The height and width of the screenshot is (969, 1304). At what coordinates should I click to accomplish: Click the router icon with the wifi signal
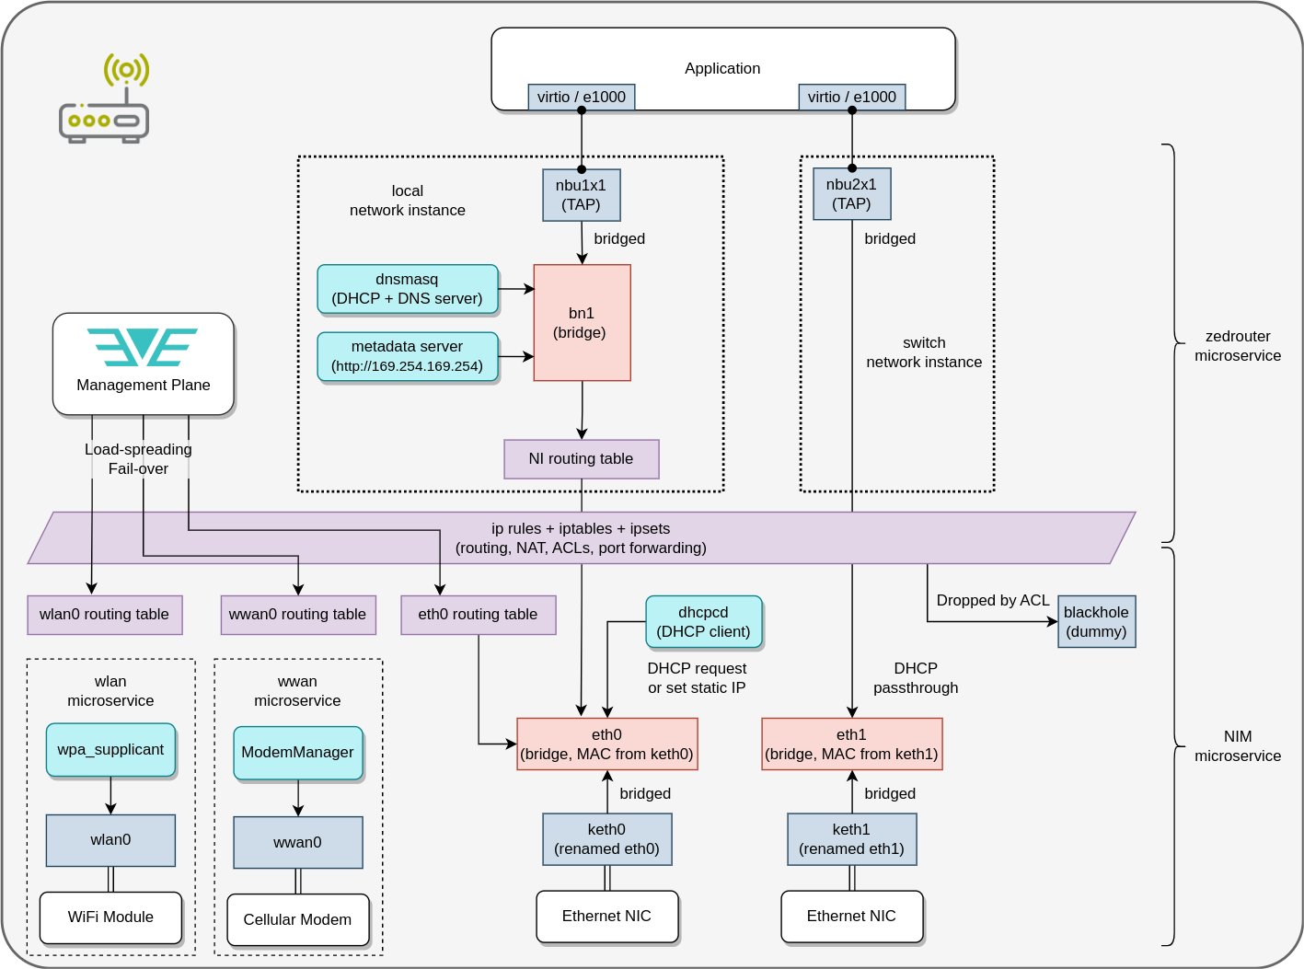tap(104, 99)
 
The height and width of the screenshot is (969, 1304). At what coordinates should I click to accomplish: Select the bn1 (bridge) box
tap(582, 323)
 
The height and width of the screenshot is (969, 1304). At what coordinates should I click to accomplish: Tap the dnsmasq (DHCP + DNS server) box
tap(408, 289)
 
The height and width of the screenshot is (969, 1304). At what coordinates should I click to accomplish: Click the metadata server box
tap(408, 356)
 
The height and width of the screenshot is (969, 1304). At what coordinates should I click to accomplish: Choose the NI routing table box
tap(581, 458)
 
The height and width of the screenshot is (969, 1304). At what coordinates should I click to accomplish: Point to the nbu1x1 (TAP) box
tap(581, 195)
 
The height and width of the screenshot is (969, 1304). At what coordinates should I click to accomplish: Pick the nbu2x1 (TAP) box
tap(851, 194)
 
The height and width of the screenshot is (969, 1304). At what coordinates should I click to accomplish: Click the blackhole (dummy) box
tap(1096, 622)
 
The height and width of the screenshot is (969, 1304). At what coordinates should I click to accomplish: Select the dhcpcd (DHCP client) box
tap(703, 622)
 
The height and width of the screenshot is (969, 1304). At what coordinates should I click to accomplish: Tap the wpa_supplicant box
tap(110, 750)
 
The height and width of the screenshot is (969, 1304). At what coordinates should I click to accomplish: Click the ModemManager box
tap(297, 753)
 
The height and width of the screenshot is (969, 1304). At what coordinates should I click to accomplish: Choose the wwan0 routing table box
tap(297, 615)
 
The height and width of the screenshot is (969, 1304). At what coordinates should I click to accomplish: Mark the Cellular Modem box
tap(297, 919)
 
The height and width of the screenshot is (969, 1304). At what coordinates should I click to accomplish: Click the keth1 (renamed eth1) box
tap(851, 839)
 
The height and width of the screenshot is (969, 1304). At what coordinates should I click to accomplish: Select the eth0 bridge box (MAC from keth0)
tap(606, 744)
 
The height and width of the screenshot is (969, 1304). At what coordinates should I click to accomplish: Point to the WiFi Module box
tap(110, 917)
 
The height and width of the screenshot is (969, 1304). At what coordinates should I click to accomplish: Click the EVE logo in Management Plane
tap(143, 348)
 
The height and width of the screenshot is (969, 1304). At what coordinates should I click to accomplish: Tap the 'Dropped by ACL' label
tap(993, 600)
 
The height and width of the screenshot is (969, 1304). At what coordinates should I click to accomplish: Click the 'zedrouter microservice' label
tap(1238, 346)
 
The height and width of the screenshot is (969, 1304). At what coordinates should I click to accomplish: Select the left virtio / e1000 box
tap(581, 97)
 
